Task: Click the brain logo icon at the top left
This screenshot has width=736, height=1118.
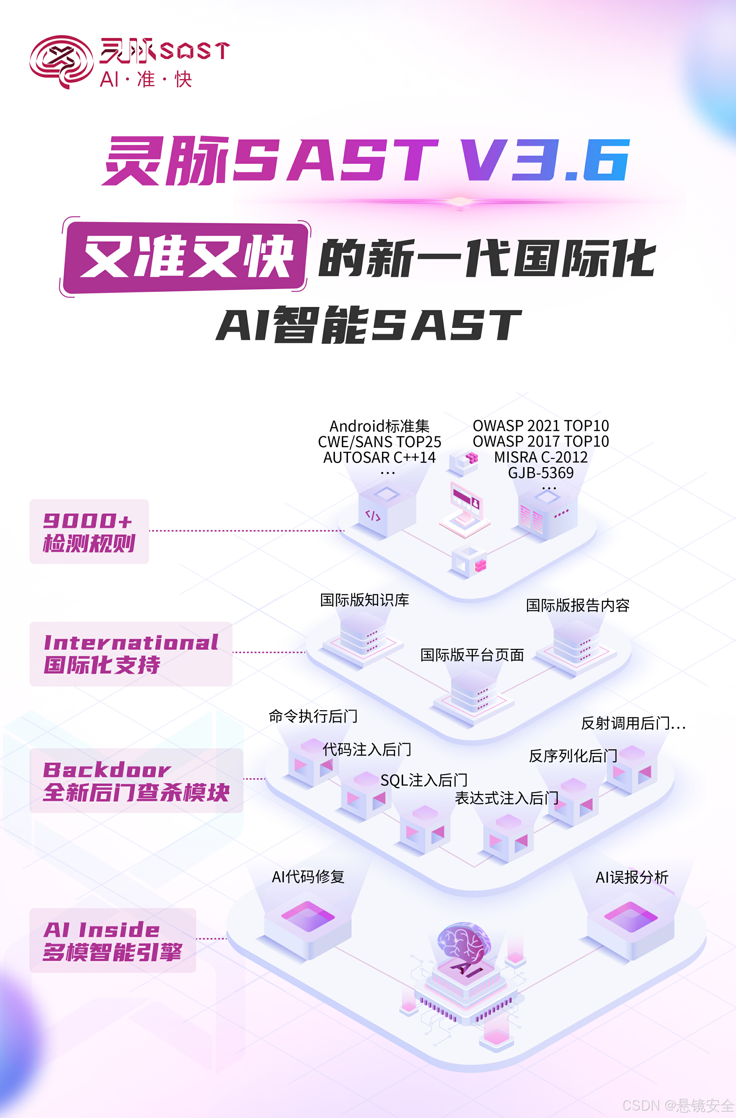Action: tap(61, 61)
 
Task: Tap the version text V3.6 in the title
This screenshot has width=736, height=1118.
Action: tap(545, 161)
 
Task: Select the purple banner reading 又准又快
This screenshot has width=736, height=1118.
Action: tap(186, 257)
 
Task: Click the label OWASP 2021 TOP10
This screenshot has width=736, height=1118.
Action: tap(540, 426)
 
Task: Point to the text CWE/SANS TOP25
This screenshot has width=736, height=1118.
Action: tap(379, 442)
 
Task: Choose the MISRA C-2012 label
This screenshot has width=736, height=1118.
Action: tap(540, 457)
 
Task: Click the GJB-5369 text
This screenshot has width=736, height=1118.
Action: tap(540, 473)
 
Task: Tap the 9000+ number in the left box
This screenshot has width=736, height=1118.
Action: tap(87, 520)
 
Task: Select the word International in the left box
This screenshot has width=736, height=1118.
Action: tap(131, 643)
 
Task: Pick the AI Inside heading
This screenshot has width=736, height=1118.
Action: tap(101, 930)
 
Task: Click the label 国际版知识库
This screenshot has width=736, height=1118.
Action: tap(364, 600)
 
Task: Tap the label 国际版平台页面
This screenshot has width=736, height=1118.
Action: tap(472, 655)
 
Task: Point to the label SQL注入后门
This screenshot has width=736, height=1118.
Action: tap(424, 780)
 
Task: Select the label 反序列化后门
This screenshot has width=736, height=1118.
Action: tap(572, 756)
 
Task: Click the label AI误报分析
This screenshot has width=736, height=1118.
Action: tap(632, 877)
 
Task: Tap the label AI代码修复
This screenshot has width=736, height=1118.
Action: tap(308, 876)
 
